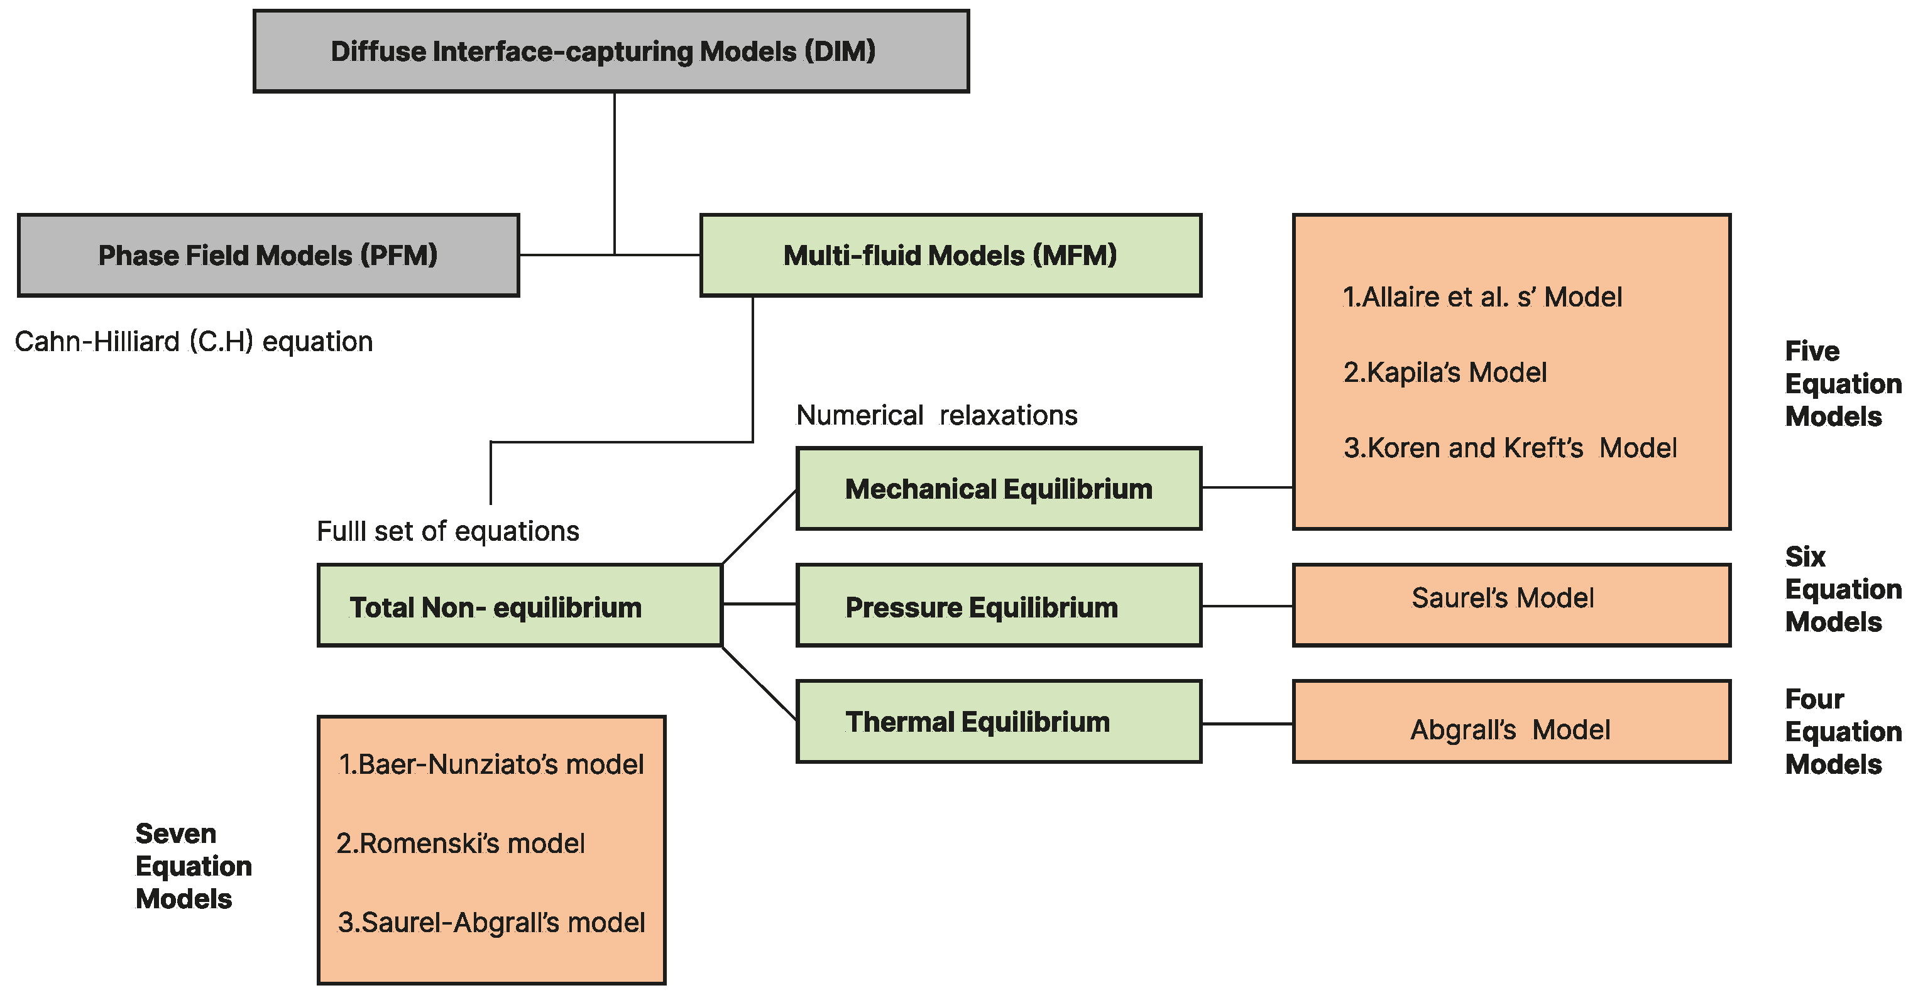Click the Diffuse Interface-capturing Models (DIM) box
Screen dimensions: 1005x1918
[611, 52]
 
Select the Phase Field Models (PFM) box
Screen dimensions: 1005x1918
[268, 256]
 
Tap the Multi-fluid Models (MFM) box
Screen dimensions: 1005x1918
[950, 256]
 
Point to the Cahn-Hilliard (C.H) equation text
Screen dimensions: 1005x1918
[194, 342]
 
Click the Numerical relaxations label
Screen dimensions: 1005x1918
[936, 415]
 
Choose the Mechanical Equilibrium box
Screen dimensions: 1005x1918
[998, 489]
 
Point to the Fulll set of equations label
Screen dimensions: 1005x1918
[447, 531]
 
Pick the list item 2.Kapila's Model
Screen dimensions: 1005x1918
[1444, 372]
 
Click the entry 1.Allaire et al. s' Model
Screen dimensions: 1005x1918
[1482, 297]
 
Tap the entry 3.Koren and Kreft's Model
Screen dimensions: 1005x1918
[1510, 448]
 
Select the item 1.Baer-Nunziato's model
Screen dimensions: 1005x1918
[491, 764]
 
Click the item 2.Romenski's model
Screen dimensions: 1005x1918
[460, 844]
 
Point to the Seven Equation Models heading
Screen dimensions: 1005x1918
[193, 866]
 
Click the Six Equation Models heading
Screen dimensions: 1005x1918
[1842, 589]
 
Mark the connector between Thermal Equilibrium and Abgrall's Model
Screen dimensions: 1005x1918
[1247, 723]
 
